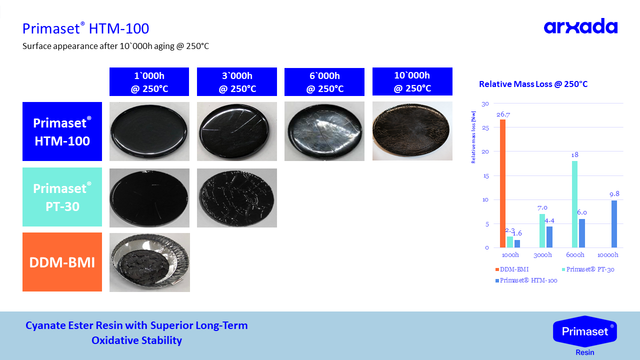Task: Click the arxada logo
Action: click(x=580, y=26)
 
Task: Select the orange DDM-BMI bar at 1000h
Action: click(x=502, y=183)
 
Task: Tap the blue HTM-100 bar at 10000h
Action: click(x=614, y=224)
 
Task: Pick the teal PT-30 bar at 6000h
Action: click(x=574, y=204)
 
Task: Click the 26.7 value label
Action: click(x=503, y=114)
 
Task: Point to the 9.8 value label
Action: click(x=614, y=194)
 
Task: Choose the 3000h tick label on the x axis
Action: click(x=542, y=255)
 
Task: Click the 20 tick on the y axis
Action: click(x=485, y=151)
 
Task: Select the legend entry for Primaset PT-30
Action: click(x=588, y=269)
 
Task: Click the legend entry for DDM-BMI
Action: click(x=512, y=269)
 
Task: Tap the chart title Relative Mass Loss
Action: click(x=533, y=84)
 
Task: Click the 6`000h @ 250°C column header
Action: click(x=324, y=82)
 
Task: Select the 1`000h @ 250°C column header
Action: click(x=149, y=81)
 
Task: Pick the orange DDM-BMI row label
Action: click(x=62, y=262)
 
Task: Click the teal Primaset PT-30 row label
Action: click(x=62, y=197)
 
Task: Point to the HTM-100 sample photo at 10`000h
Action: click(x=412, y=131)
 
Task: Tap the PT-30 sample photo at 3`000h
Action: click(x=237, y=198)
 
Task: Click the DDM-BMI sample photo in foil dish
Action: click(x=149, y=262)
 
